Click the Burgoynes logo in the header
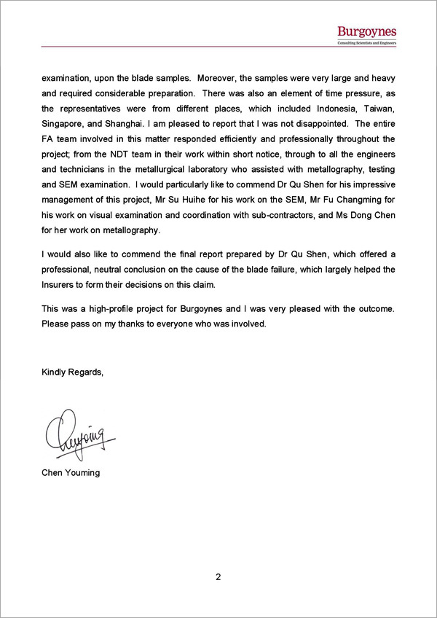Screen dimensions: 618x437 point(366,31)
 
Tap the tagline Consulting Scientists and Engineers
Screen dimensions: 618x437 point(366,44)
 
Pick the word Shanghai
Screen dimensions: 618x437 point(121,123)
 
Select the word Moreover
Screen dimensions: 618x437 point(216,77)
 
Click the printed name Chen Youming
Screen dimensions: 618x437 point(71,472)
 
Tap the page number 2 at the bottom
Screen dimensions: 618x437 point(218,577)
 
